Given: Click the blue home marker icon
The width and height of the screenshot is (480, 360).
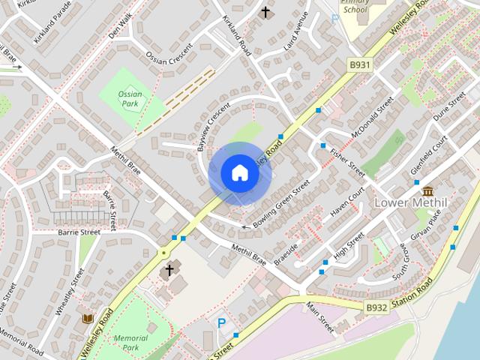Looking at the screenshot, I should [240, 173].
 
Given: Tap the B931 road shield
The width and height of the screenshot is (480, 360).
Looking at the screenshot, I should [361, 65].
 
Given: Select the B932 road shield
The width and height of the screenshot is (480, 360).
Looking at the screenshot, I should [376, 307].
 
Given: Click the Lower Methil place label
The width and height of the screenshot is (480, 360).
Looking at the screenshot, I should [410, 203].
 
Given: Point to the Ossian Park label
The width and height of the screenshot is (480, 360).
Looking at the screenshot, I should [130, 99].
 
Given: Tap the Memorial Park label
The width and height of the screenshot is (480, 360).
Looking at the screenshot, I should [130, 343].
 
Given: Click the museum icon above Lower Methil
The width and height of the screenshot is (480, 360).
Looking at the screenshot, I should [428, 190].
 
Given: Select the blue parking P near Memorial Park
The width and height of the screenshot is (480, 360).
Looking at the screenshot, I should [221, 323].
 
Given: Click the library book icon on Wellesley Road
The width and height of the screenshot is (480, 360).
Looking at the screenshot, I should [87, 319].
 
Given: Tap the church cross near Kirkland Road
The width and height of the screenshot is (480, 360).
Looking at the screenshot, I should [265, 12].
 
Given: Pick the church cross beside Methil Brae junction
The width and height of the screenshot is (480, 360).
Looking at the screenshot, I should [169, 269].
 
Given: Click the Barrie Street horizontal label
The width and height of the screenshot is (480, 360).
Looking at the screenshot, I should [79, 232].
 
